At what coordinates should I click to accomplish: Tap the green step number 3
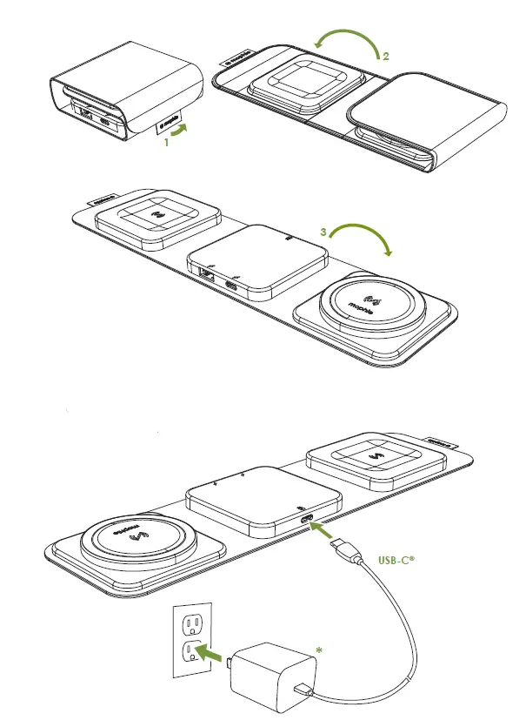click(x=323, y=232)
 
